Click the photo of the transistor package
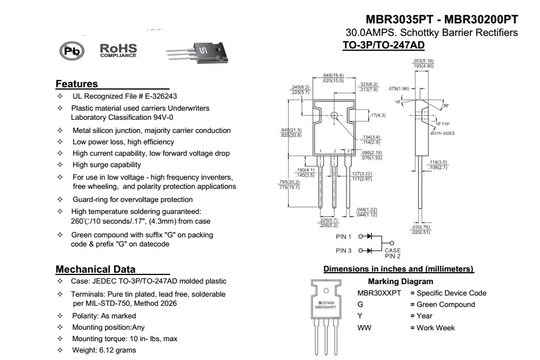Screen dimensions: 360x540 [198, 53]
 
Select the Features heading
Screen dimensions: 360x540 [76, 84]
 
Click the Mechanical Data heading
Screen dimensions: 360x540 [95, 269]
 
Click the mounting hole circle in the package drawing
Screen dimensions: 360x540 [334, 115]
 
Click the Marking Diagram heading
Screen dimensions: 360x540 [400, 282]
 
